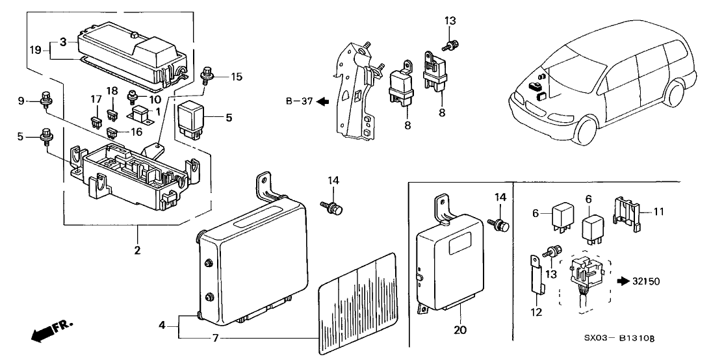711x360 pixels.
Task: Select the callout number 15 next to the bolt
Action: [x=236, y=77]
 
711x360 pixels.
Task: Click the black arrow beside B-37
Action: [x=323, y=101]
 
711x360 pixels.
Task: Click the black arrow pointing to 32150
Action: [x=623, y=281]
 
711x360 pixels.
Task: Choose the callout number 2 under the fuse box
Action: [x=138, y=249]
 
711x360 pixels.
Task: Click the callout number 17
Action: [x=96, y=99]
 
